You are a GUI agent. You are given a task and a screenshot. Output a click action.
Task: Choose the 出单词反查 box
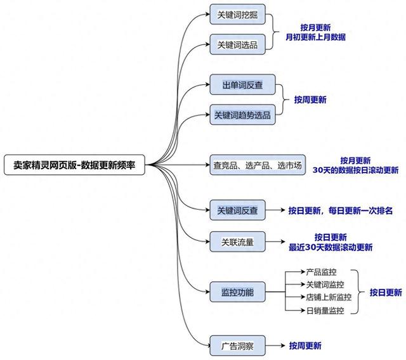[x=243, y=85]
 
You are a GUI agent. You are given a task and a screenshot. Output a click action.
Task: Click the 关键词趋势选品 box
[x=243, y=115]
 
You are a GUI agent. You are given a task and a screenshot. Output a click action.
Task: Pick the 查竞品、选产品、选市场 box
[x=258, y=165]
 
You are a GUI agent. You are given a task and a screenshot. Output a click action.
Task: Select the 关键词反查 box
[x=238, y=210]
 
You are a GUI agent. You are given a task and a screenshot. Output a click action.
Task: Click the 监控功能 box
[x=238, y=292]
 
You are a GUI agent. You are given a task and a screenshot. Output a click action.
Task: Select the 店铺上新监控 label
[x=329, y=297]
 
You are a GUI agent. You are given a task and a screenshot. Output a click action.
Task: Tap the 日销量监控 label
[x=325, y=311]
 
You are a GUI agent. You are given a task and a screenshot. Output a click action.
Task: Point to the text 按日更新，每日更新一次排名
[x=341, y=210]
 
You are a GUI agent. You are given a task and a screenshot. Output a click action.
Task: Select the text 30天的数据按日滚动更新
[x=355, y=170]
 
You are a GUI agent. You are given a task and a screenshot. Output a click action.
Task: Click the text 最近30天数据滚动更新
[x=331, y=247]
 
